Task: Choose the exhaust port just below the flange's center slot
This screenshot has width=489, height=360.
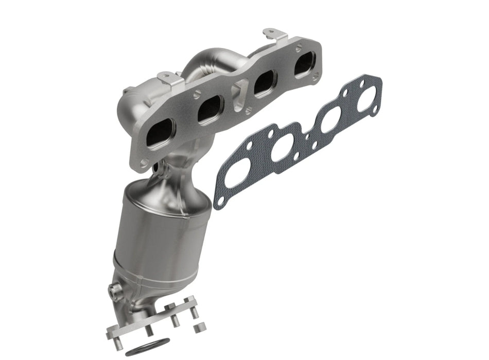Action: [209, 109]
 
